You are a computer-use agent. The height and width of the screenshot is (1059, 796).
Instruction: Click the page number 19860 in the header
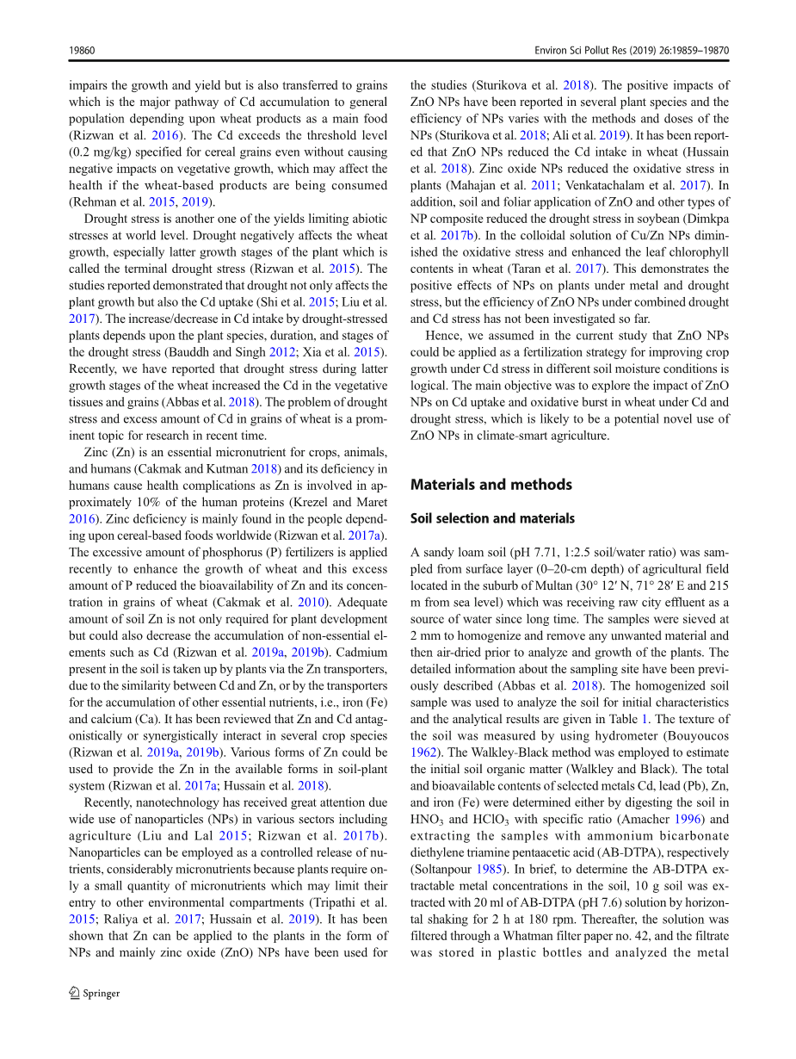tap(82, 51)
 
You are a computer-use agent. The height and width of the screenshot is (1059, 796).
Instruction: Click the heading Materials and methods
tap(491, 485)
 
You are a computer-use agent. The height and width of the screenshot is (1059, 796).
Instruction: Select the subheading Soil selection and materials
tap(492, 518)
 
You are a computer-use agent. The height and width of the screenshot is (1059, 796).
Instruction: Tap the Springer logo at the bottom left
tap(96, 993)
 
